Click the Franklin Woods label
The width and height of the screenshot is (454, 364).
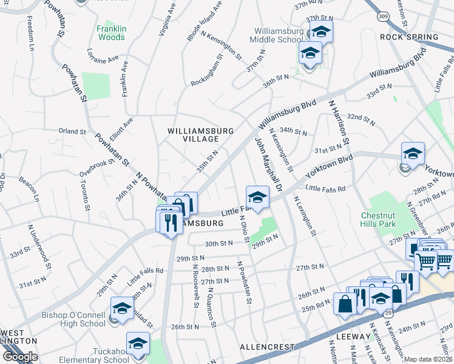pyautogui.click(x=112, y=33)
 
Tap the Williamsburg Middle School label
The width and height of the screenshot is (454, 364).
pyautogui.click(x=278, y=35)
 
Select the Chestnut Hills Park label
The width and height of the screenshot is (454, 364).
pyautogui.click(x=387, y=220)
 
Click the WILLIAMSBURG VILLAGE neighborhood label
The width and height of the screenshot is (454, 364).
pyautogui.click(x=192, y=135)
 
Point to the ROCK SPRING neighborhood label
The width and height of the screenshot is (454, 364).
pyautogui.click(x=408, y=37)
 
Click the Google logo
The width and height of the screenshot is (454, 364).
pyautogui.click(x=20, y=357)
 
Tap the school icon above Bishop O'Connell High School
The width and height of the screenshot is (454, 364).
pyautogui.click(x=122, y=308)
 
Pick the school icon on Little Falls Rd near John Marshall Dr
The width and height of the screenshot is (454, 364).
pyautogui.click(x=257, y=197)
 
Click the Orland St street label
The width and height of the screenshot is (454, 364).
pyautogui.click(x=72, y=131)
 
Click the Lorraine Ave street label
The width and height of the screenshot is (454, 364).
pyautogui.click(x=103, y=56)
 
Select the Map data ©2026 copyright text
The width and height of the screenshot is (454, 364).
pyautogui.click(x=429, y=359)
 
